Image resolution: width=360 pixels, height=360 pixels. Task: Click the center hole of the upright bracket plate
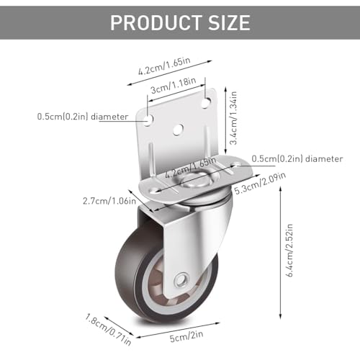tap(179, 129)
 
